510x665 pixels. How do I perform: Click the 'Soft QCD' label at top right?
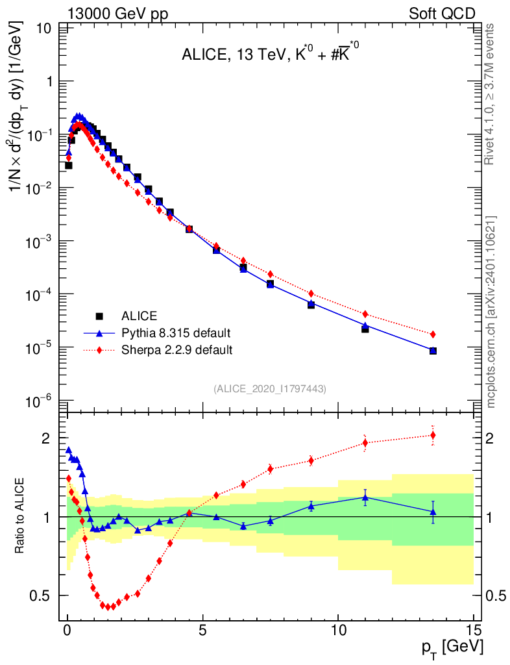(x=442, y=12)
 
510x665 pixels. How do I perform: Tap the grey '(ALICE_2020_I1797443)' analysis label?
(x=269, y=388)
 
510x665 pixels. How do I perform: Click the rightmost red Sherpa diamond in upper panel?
(x=433, y=334)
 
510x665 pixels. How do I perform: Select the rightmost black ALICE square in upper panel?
(x=433, y=351)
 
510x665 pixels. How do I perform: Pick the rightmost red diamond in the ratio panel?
(x=433, y=435)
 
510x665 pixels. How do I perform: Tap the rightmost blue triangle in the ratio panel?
(x=433, y=512)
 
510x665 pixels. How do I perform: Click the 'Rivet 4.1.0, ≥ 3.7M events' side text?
(x=490, y=94)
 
